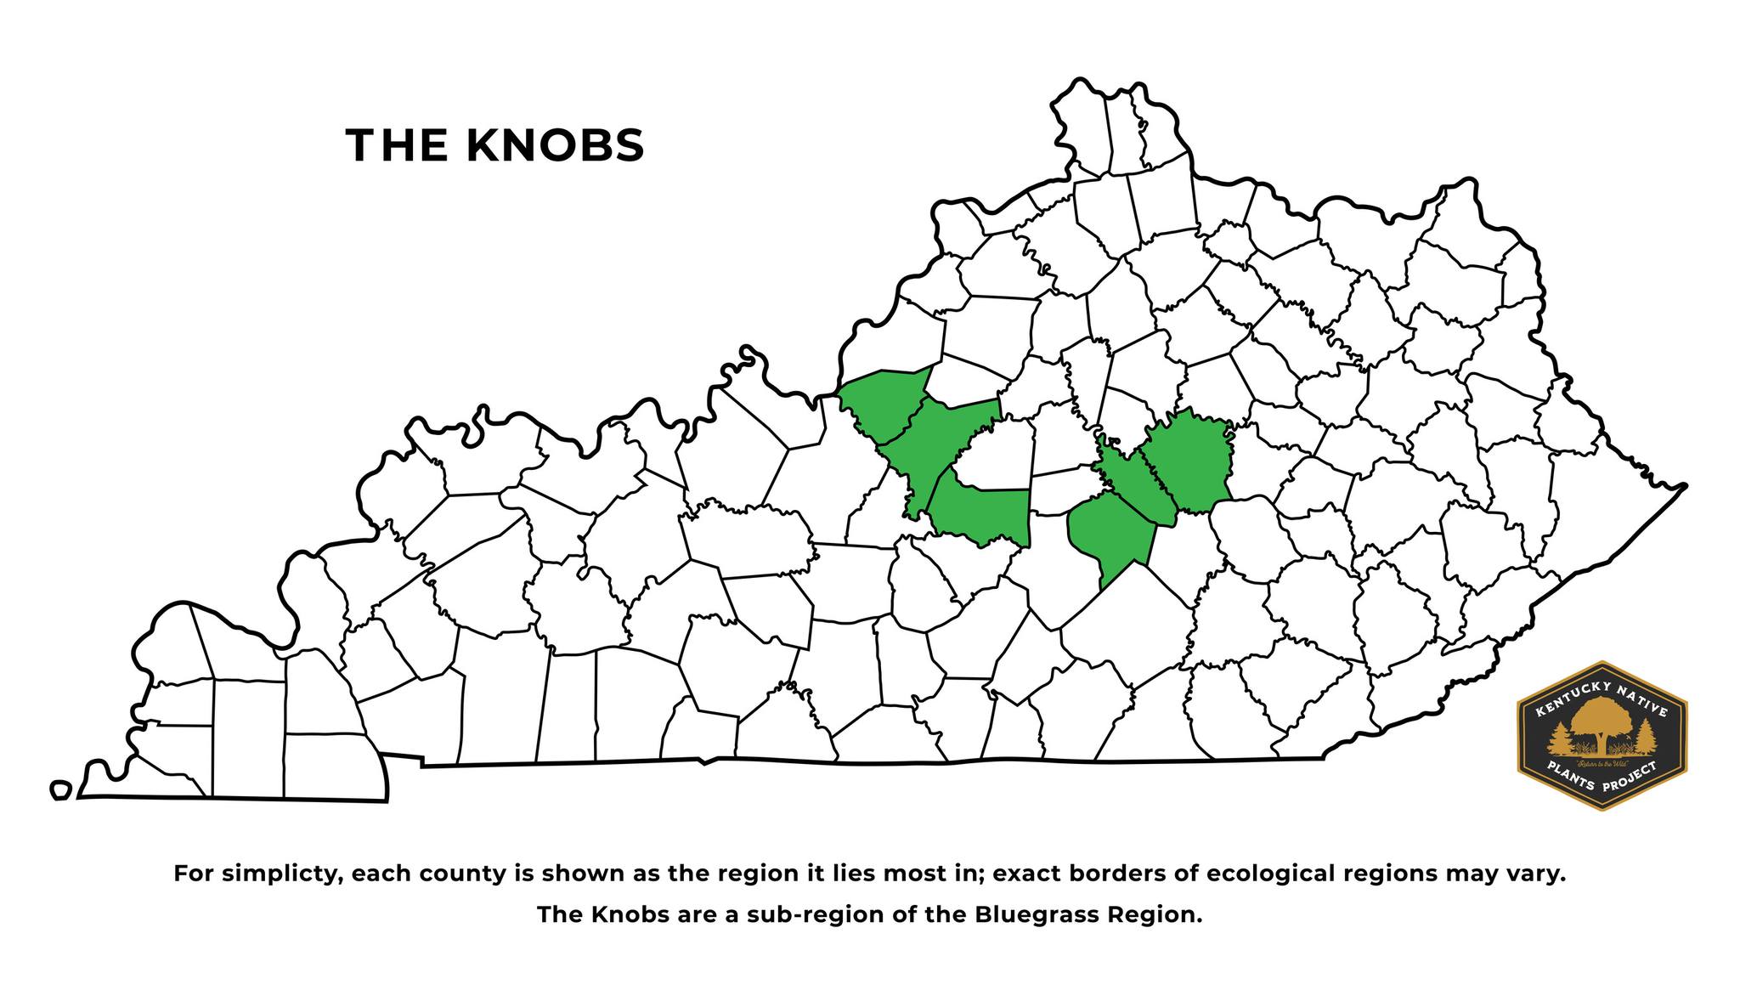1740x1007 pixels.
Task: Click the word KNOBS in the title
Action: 555,145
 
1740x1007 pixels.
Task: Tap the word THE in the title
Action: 397,145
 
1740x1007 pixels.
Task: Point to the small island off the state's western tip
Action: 59,790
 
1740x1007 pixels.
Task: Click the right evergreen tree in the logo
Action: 1646,736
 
